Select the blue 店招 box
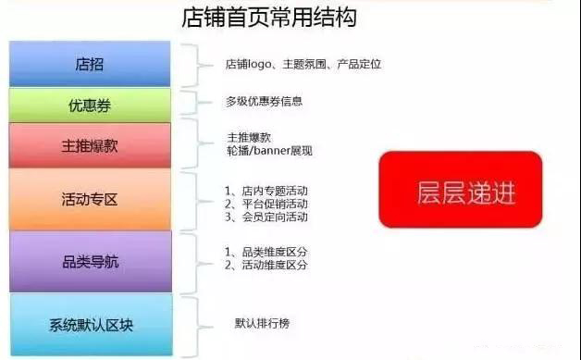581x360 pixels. [x=91, y=64]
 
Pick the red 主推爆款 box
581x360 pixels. [x=91, y=146]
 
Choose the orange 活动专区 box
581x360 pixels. [x=91, y=199]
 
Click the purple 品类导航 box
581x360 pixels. [x=91, y=261]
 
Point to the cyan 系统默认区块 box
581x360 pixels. [x=91, y=324]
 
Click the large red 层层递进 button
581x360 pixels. [x=460, y=190]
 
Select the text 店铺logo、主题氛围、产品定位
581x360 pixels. [x=303, y=64]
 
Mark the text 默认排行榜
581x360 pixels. [x=262, y=324]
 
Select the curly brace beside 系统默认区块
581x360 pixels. [x=189, y=323]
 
